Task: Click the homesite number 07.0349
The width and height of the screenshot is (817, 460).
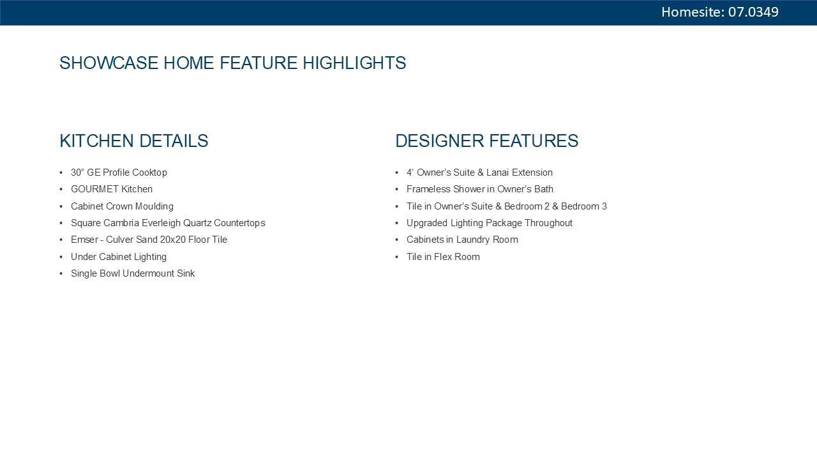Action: pyautogui.click(x=753, y=12)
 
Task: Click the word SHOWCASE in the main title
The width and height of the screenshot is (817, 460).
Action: pyautogui.click(x=109, y=63)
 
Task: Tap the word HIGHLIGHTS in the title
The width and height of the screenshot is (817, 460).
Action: pyautogui.click(x=354, y=63)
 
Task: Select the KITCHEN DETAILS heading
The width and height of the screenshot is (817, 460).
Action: pyautogui.click(x=134, y=141)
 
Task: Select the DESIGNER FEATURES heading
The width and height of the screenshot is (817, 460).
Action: pyautogui.click(x=487, y=141)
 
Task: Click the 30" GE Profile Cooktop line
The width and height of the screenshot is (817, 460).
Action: pyautogui.click(x=119, y=172)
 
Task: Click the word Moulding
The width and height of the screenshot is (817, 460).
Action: pyautogui.click(x=154, y=206)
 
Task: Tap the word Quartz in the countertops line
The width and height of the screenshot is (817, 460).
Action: pyautogui.click(x=197, y=223)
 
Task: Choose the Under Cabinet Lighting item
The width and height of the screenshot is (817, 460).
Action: pyautogui.click(x=119, y=257)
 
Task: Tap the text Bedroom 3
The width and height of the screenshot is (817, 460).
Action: pyautogui.click(x=584, y=206)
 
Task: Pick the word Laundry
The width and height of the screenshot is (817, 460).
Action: pyautogui.click(x=473, y=240)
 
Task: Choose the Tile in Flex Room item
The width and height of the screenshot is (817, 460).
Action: pyautogui.click(x=443, y=257)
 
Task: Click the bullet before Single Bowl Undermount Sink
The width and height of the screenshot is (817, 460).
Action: pyautogui.click(x=61, y=273)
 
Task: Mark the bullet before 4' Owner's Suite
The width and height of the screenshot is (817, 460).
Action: pyautogui.click(x=397, y=172)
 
